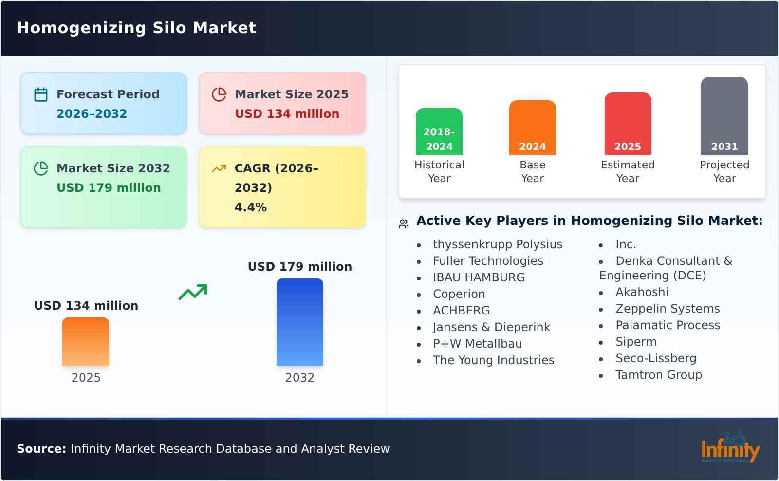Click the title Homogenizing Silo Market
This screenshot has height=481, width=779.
point(136,28)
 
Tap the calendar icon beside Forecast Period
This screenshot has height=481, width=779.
point(41,94)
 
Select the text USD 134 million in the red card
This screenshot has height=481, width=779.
point(287,114)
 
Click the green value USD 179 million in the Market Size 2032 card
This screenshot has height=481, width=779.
point(109,188)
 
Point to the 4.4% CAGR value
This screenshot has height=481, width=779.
point(250,207)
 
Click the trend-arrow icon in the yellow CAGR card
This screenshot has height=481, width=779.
point(219,168)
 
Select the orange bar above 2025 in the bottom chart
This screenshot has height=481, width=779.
point(86,342)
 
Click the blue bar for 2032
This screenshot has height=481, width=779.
point(299,322)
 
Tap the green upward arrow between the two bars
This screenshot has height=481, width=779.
point(193,292)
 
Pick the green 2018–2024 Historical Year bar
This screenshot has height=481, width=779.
point(439,131)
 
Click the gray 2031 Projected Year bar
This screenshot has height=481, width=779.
point(724,116)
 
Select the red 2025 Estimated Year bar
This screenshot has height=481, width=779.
point(628,124)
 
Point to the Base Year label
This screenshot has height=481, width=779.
point(532,171)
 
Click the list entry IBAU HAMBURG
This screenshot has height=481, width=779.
point(479,277)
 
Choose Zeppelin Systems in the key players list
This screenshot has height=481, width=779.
point(667,309)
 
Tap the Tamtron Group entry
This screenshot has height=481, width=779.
point(658,375)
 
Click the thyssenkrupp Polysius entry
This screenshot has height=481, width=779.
point(497,244)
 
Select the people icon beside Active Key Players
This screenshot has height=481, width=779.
point(404,224)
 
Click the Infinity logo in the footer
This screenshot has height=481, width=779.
point(730,448)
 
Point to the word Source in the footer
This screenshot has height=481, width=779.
point(41,449)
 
